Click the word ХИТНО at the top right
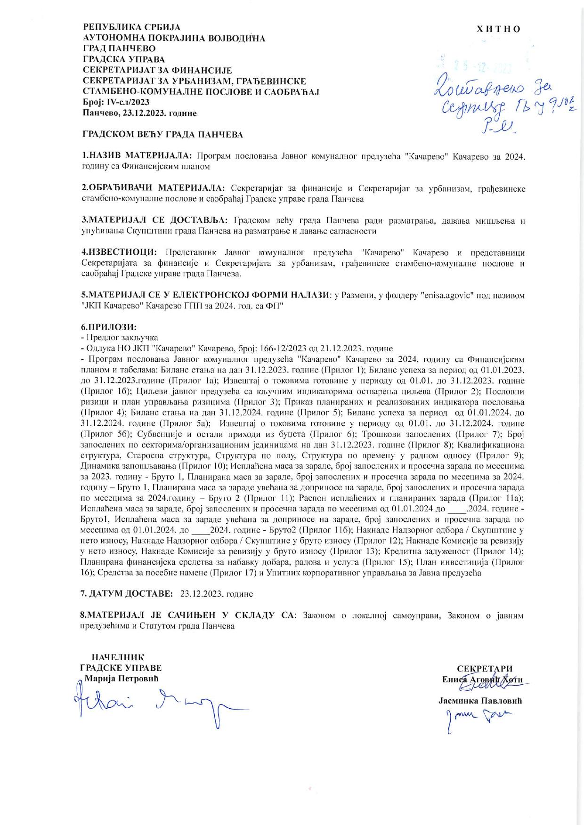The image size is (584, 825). pyautogui.click(x=499, y=29)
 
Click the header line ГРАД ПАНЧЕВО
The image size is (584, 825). pyautogui.click(x=119, y=49)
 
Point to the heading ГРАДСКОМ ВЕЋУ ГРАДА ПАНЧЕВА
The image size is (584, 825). pyautogui.click(x=163, y=135)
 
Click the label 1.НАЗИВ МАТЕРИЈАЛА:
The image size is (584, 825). pyautogui.click(x=137, y=155)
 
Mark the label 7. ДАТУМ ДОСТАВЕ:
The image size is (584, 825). pyautogui.click(x=127, y=594)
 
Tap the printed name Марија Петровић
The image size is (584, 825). pyautogui.click(x=122, y=679)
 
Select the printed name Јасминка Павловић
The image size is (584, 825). pyautogui.click(x=480, y=701)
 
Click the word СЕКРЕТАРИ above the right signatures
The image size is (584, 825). pyautogui.click(x=485, y=669)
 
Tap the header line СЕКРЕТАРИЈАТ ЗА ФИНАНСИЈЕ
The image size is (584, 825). pyautogui.click(x=157, y=70)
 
